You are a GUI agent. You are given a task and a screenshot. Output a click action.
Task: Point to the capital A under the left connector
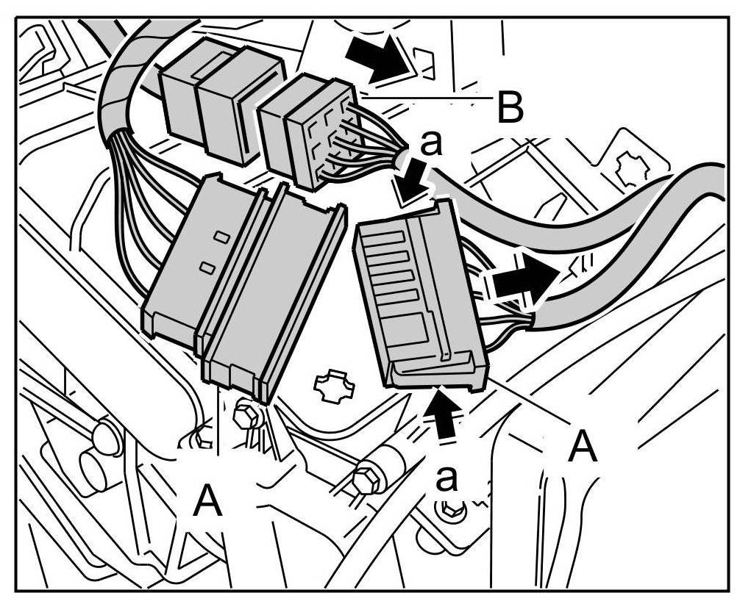click(x=208, y=503)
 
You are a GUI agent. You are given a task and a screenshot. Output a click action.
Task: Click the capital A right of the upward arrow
click(x=583, y=446)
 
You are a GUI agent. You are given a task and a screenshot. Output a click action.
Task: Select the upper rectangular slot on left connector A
click(x=219, y=237)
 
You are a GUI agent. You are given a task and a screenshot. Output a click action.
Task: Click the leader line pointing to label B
click(x=427, y=96)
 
